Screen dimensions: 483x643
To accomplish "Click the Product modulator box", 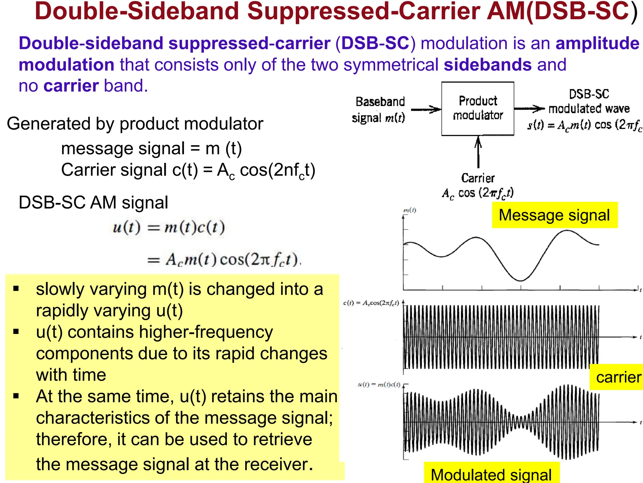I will pyautogui.click(x=478, y=108).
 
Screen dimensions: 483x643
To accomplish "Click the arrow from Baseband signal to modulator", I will pyautogui.click(x=426, y=109).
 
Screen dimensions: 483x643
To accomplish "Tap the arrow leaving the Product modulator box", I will pyautogui.click(x=529, y=109).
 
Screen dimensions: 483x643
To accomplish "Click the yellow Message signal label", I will pyautogui.click(x=554, y=215).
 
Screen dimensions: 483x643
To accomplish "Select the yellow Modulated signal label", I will pyautogui.click(x=491, y=474).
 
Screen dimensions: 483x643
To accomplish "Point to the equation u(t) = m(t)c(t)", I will pyautogui.click(x=169, y=227).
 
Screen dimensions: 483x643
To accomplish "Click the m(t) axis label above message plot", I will pyautogui.click(x=409, y=210).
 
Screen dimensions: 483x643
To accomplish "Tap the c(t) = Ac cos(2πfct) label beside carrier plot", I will pyautogui.click(x=371, y=303).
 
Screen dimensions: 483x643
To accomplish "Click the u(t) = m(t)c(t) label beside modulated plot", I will pyautogui.click(x=379, y=384).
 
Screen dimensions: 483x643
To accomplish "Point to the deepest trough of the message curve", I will pyautogui.click(x=520, y=280).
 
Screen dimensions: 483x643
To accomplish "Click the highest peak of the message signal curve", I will pyautogui.click(x=567, y=231).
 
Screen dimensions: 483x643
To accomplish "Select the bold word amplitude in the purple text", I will pyautogui.click(x=597, y=43).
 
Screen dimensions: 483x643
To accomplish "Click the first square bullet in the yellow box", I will pyautogui.click(x=16, y=288).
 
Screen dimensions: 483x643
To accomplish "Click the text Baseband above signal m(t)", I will pyautogui.click(x=380, y=102).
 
